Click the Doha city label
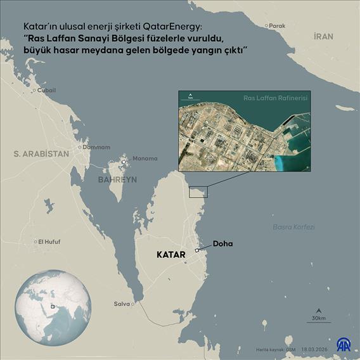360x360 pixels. click(x=224, y=243)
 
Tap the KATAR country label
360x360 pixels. click(x=170, y=255)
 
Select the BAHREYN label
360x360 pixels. click(x=117, y=180)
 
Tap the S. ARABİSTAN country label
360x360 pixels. click(x=41, y=154)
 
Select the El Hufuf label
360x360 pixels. click(x=49, y=241)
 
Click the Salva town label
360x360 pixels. click(x=121, y=304)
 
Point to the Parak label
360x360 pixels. click(x=277, y=26)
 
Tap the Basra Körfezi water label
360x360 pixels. click(x=293, y=227)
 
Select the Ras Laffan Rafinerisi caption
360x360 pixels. click(x=276, y=99)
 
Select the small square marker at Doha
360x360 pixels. click(x=197, y=251)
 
